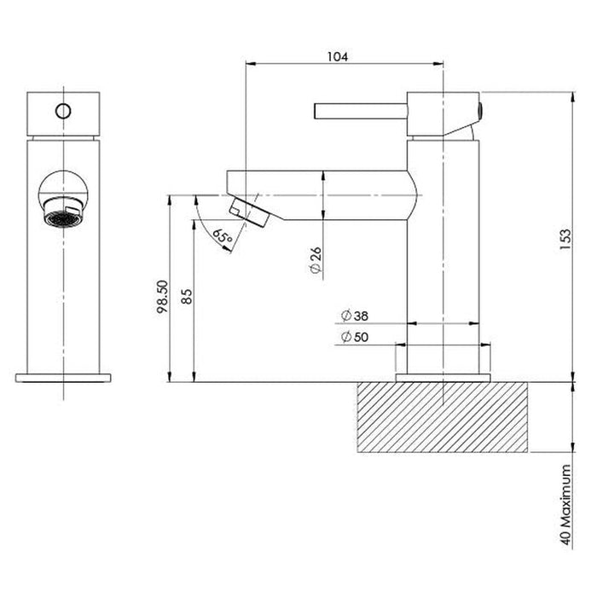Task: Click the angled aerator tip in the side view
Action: pyautogui.click(x=249, y=210)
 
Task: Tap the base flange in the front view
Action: pyautogui.click(x=65, y=377)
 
